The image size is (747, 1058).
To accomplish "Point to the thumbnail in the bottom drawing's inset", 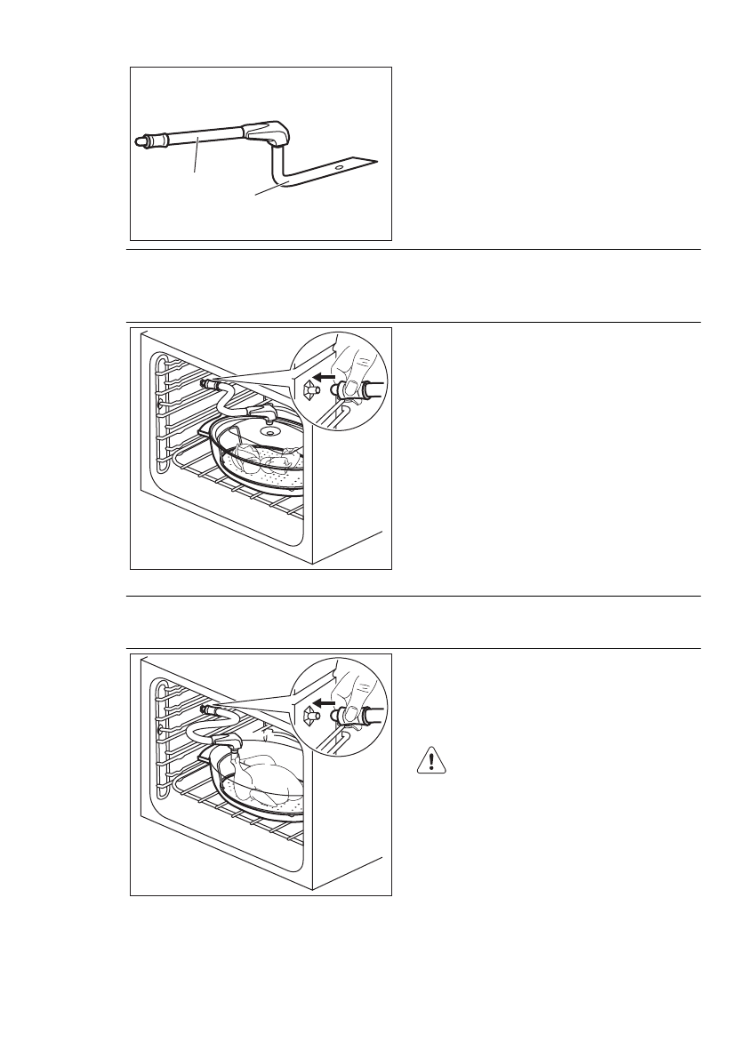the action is pos(352,712).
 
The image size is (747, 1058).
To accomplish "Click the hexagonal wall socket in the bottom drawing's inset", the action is pos(309,713).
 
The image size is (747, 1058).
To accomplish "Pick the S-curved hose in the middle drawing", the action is pos(227,400).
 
